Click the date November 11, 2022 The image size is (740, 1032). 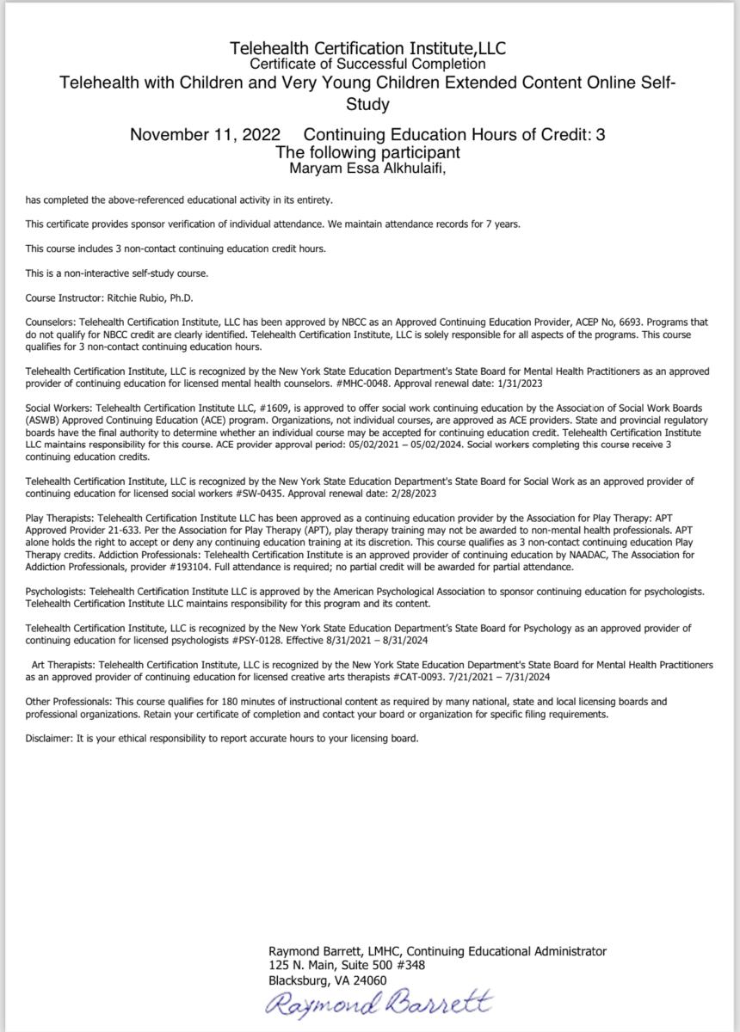(x=205, y=135)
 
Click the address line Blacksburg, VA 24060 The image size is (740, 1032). (x=328, y=980)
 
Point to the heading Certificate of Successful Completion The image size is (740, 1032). (x=367, y=64)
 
